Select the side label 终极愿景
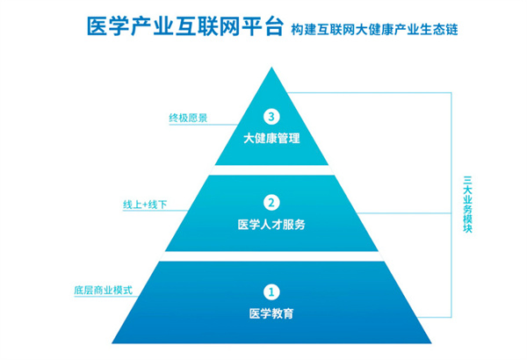188,117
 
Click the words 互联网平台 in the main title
224,27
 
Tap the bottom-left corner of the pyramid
112,341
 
